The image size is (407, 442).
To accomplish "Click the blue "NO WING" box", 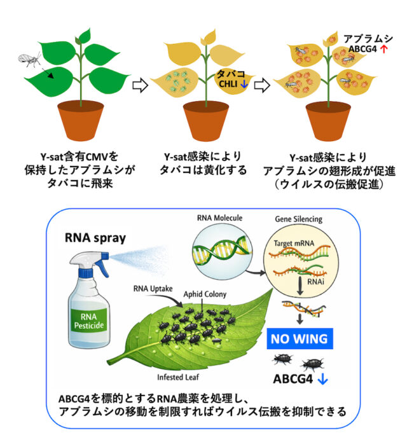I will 300,338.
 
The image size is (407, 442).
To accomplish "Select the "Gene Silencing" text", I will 298,219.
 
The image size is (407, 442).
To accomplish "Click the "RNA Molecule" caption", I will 219,219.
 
